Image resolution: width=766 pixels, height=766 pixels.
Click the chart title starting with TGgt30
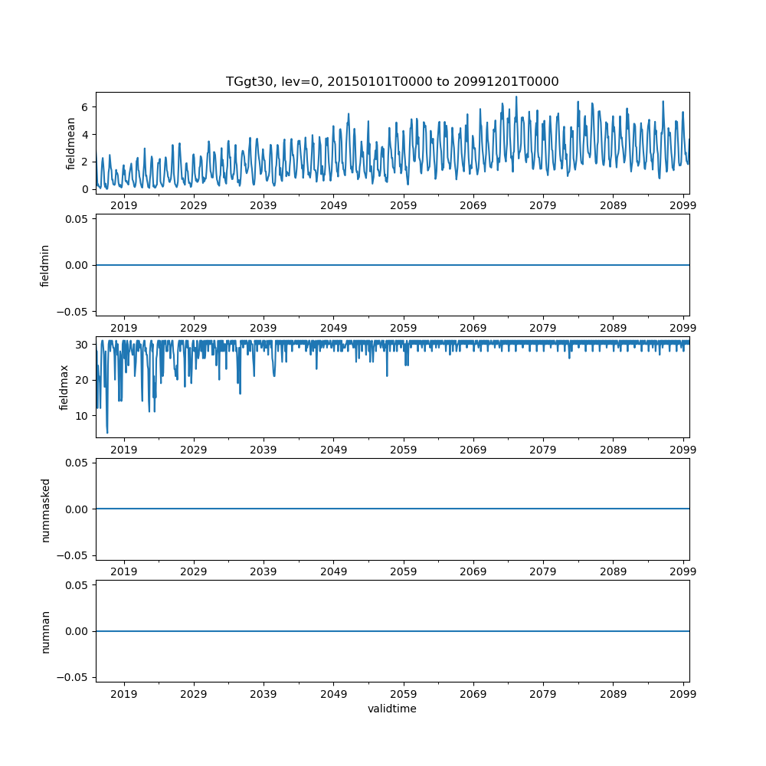click(392, 81)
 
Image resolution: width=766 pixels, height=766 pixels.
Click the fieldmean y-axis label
click(71, 143)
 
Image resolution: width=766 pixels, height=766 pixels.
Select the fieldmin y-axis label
click(45, 265)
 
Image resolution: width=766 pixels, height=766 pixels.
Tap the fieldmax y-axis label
click(64, 387)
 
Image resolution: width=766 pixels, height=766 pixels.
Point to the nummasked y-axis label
click(45, 509)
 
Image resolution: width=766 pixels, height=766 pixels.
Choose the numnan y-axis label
click(45, 631)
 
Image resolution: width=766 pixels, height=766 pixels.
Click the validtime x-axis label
click(392, 709)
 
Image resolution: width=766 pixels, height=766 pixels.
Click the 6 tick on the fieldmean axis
click(86, 106)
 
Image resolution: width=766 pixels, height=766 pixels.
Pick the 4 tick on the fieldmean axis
click(86, 134)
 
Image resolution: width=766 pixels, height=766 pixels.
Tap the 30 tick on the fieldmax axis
click(83, 345)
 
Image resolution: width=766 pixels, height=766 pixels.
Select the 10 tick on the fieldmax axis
click(83, 415)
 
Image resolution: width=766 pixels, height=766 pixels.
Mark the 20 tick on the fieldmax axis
click(83, 380)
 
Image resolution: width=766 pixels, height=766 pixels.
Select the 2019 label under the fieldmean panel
click(124, 206)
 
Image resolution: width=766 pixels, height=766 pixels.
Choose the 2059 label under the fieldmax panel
click(404, 450)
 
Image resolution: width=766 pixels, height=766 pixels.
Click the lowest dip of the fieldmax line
click(107, 433)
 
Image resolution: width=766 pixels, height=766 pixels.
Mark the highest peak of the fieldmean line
click(516, 97)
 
